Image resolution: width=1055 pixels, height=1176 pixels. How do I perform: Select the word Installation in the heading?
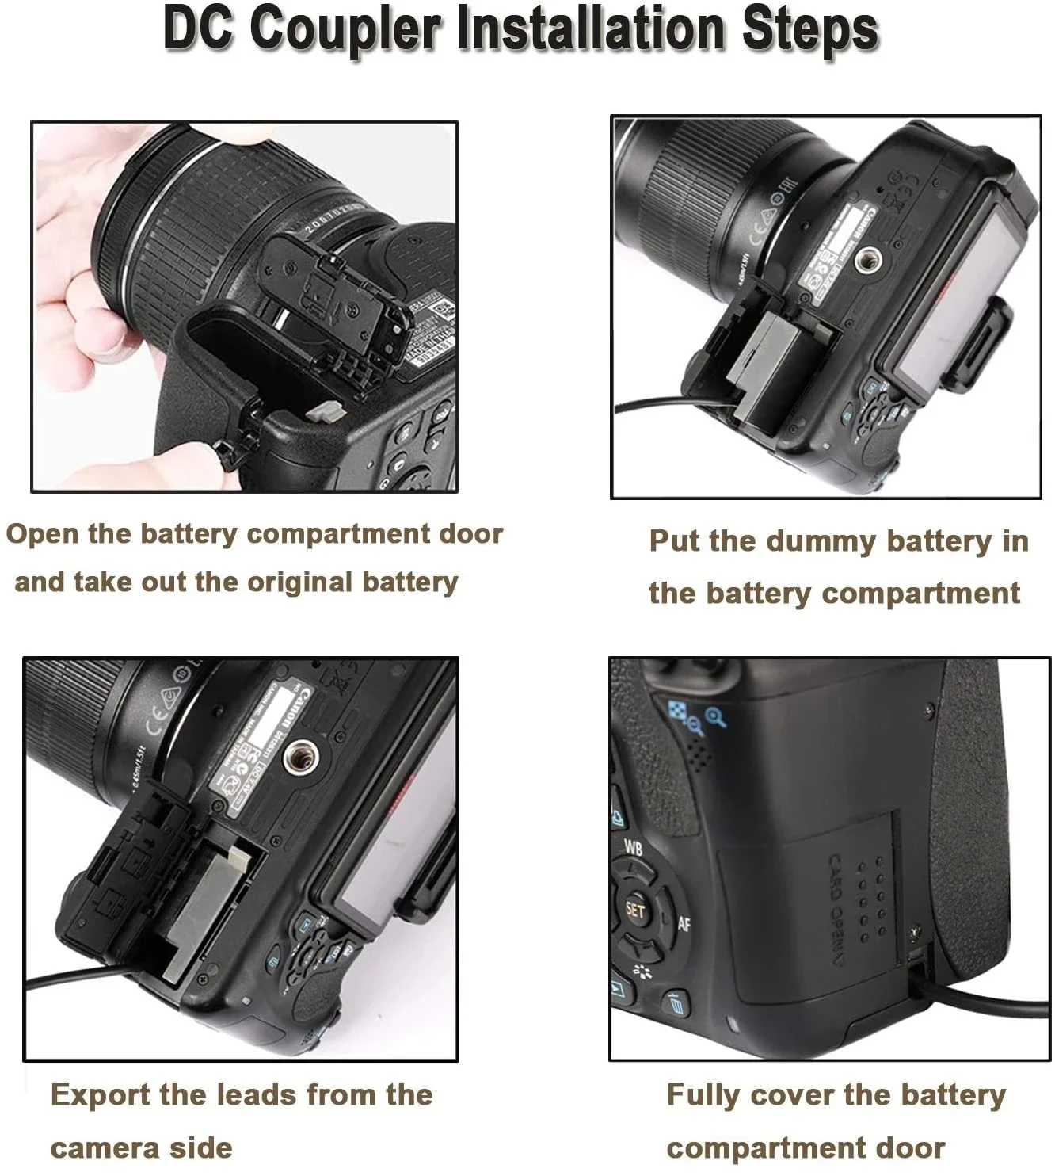(598, 29)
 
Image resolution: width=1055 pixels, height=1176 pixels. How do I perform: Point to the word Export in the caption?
(100, 1095)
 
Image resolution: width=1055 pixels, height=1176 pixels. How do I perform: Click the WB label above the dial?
(633, 847)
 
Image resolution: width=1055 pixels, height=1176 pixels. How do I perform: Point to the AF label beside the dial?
(684, 922)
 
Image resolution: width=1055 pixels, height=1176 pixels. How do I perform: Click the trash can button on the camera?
(676, 1005)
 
